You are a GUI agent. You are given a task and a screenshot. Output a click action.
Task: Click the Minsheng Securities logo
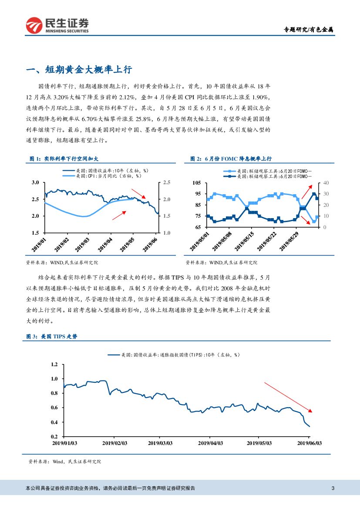(57, 25)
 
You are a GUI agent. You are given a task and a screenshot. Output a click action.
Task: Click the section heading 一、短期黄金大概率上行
(79, 70)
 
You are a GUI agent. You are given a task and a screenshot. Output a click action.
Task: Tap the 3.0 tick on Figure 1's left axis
(36, 182)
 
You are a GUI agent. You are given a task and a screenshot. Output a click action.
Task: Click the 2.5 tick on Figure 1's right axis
(166, 182)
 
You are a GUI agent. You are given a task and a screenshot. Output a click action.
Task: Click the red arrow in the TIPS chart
(288, 397)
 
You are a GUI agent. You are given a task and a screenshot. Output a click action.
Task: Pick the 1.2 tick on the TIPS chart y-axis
(54, 364)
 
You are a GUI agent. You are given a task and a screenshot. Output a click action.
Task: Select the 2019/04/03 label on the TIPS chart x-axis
(211, 443)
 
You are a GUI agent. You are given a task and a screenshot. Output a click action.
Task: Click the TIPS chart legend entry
(174, 355)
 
